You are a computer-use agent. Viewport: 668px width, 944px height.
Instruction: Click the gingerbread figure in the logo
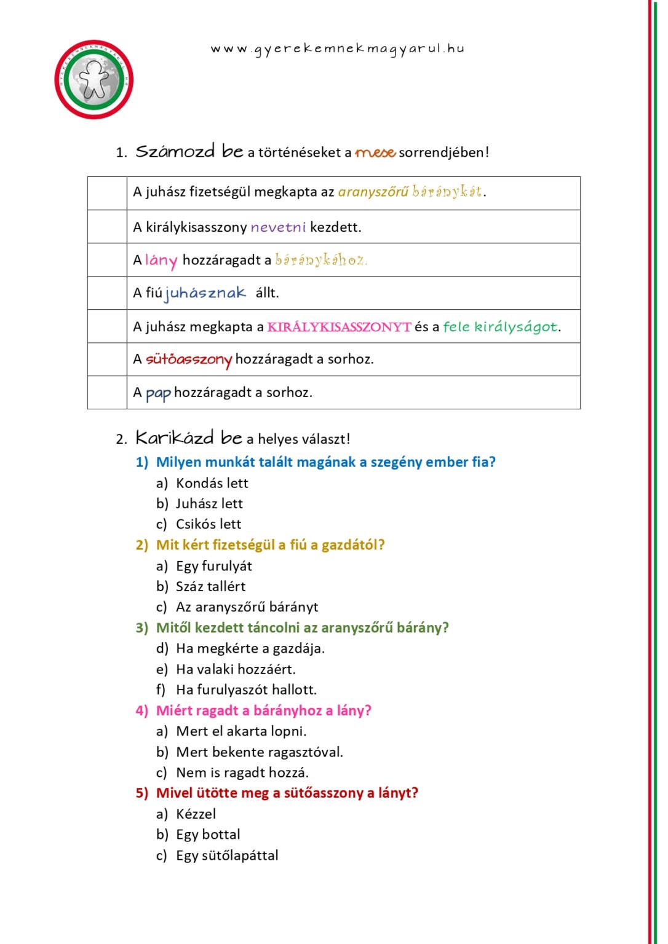coord(94,80)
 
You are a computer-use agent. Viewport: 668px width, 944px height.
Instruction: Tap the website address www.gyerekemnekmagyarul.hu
coord(337,49)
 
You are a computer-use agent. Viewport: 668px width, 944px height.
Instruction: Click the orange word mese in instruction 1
coord(375,152)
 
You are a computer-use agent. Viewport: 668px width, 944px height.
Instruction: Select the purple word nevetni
coord(278,227)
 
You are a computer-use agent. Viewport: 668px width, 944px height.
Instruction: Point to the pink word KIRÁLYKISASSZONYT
coord(339,327)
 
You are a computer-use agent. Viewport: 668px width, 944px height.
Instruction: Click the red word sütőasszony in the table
coord(189,360)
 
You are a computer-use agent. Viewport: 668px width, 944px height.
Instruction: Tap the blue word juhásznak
coord(205,293)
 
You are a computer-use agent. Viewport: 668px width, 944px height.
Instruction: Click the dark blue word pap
coord(158,393)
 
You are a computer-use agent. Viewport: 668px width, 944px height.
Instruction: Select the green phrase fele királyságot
coord(500,327)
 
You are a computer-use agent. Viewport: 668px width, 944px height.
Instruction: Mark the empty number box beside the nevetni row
coord(107,227)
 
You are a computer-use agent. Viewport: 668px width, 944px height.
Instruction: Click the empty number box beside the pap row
coord(107,392)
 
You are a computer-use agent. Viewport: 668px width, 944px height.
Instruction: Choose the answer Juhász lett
coord(209,504)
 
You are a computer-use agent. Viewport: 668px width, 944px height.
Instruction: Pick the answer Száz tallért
coord(210,587)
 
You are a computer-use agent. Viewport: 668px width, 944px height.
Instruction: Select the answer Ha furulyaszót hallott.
coord(246,690)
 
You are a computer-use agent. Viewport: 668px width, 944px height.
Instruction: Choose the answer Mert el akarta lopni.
coord(241,731)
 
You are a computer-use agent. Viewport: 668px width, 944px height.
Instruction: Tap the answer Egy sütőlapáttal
coord(227,855)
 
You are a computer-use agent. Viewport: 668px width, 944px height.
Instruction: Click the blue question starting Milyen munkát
coord(325,462)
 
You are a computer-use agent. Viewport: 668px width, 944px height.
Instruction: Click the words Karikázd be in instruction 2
coord(188,438)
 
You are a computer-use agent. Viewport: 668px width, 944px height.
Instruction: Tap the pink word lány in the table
coord(161,261)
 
